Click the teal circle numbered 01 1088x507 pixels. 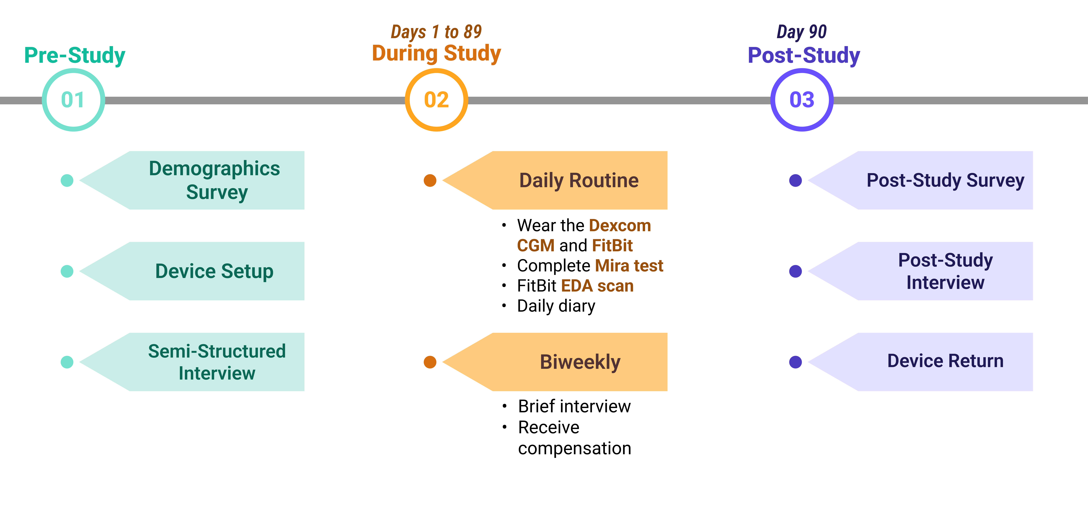[73, 100]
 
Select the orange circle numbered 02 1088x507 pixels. [436, 100]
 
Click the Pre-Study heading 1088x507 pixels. [75, 55]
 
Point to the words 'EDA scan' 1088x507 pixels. [597, 286]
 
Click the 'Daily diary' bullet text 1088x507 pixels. [556, 306]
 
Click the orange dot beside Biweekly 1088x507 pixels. [430, 362]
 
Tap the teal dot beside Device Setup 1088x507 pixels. [67, 271]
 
